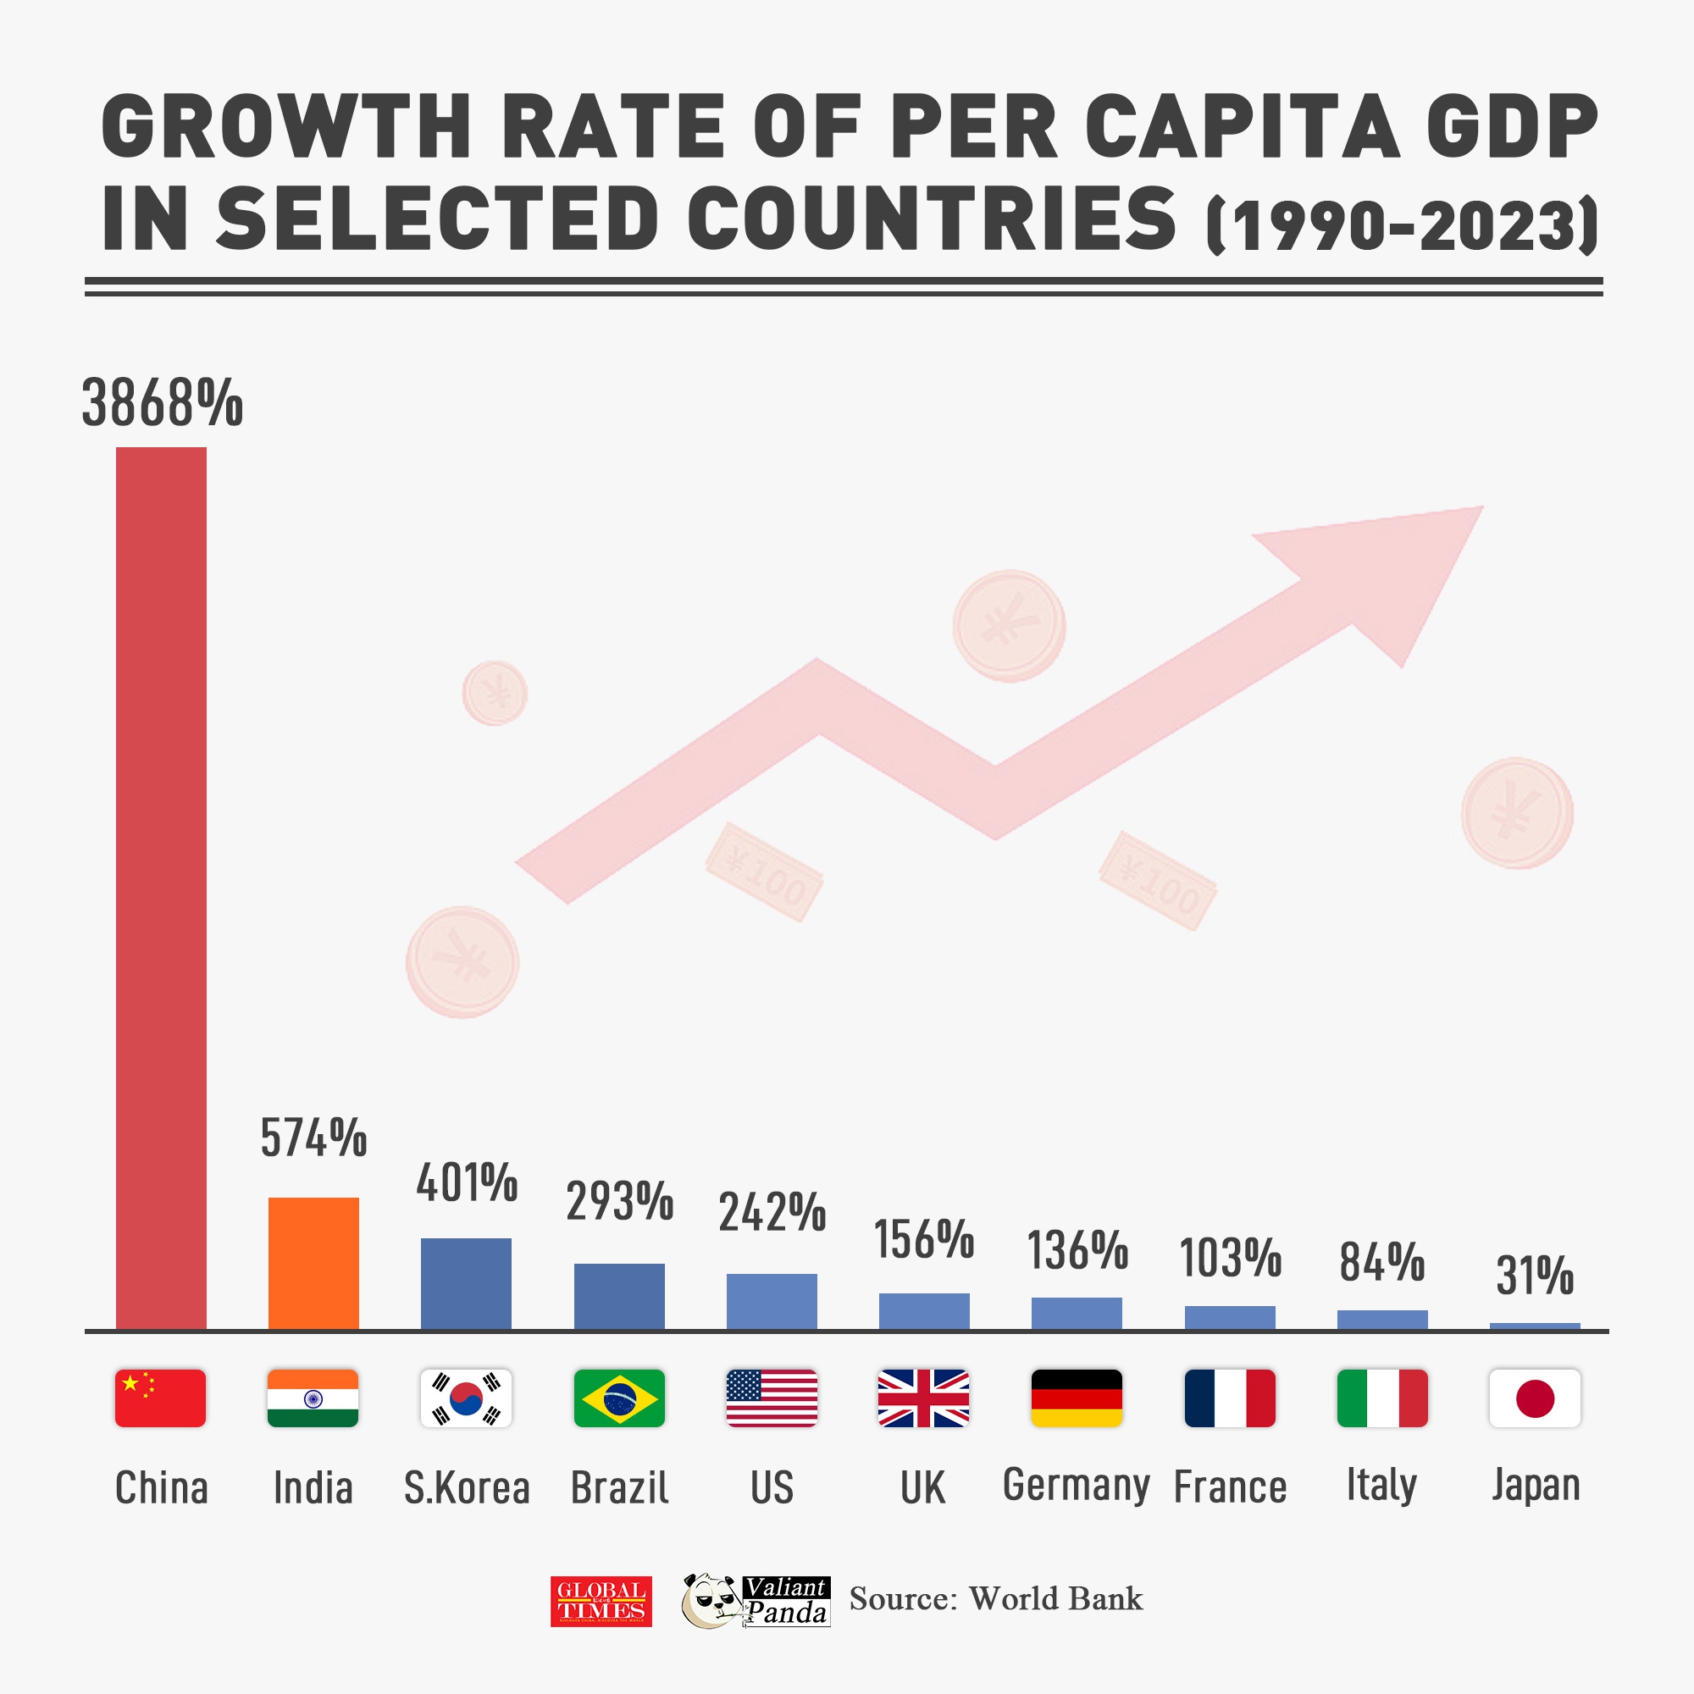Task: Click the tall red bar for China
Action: (161, 888)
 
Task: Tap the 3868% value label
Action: (163, 403)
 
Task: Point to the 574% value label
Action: (313, 1138)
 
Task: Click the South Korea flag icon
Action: (466, 1398)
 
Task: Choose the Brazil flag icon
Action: (619, 1398)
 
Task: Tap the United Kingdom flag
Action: (923, 1398)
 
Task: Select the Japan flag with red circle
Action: (1535, 1398)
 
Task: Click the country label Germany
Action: (1076, 1486)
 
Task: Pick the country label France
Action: (1229, 1487)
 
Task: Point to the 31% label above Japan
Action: (1535, 1276)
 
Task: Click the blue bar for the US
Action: (772, 1301)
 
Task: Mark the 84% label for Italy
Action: (1381, 1263)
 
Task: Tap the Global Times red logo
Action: (601, 1601)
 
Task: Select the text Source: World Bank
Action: (996, 1599)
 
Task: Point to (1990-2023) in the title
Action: (1403, 226)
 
